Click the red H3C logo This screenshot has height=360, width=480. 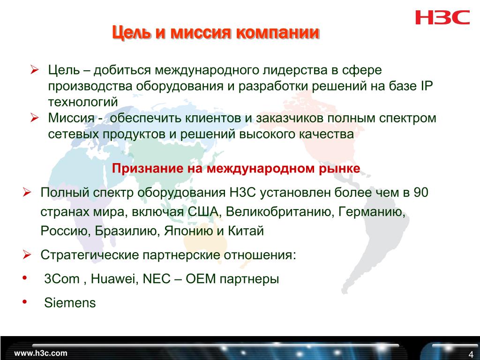point(442,17)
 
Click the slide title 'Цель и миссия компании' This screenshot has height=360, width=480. point(216,32)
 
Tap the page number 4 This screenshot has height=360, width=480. point(471,354)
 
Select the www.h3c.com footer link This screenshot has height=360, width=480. point(40,353)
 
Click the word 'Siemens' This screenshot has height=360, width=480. point(70,303)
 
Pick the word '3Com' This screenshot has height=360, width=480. point(62,279)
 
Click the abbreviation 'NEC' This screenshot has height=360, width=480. point(157,279)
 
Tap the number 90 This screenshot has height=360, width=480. point(420,193)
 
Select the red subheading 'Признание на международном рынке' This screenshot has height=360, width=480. point(236,168)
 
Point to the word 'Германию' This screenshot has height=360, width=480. point(372,211)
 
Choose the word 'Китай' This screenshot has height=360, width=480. point(246,231)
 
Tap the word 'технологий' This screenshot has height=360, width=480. point(82,102)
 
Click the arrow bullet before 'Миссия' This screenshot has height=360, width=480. point(35,118)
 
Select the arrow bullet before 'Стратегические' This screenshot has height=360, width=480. point(27,255)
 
